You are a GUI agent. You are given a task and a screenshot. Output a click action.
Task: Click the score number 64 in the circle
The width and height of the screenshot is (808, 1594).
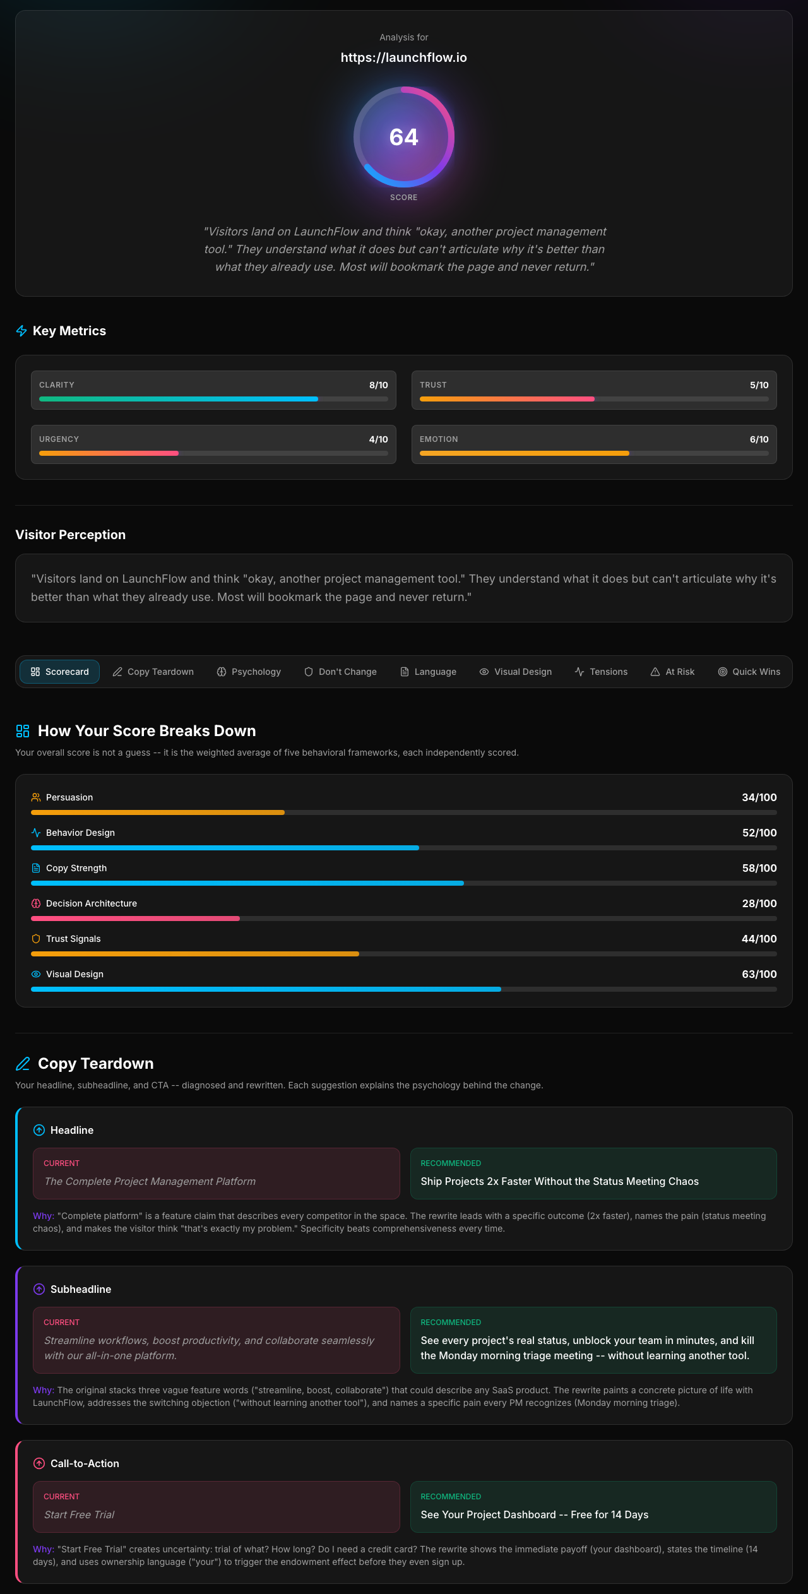(x=404, y=137)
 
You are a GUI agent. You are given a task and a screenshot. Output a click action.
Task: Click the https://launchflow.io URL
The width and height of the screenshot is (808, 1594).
(x=404, y=57)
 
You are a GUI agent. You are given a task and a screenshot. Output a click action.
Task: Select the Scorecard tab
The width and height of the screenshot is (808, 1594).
(x=59, y=672)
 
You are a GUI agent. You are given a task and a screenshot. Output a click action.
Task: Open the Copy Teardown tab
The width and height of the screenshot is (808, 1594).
(x=153, y=672)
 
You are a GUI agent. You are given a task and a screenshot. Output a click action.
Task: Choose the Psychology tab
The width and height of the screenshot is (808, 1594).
(x=249, y=672)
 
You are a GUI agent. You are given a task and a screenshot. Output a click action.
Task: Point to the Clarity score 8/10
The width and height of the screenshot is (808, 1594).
(x=379, y=385)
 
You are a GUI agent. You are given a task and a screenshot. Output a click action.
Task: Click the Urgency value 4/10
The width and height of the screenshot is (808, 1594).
(x=379, y=439)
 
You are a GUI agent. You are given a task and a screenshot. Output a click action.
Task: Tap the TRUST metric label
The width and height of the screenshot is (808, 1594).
(x=433, y=385)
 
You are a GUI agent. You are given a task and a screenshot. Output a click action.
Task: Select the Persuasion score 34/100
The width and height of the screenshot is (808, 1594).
(x=759, y=797)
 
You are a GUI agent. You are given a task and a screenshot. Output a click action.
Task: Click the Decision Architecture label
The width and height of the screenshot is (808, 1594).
(x=92, y=903)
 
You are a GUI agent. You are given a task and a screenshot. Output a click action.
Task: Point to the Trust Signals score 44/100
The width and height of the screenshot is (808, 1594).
(x=759, y=939)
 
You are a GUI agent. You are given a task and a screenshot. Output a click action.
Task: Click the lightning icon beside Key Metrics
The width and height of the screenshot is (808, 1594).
(x=21, y=331)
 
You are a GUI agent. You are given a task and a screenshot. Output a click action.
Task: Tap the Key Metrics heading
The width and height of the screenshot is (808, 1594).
(x=69, y=331)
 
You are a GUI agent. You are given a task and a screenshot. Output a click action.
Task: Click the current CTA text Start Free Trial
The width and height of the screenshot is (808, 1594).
(x=80, y=1514)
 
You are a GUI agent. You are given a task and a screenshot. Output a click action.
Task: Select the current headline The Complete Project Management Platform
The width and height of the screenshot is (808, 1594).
(x=150, y=1181)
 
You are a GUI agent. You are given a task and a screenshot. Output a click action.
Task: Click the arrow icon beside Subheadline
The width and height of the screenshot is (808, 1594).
(x=39, y=1289)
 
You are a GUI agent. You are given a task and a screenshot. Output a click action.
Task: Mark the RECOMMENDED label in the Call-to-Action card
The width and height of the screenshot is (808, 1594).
(x=451, y=1497)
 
